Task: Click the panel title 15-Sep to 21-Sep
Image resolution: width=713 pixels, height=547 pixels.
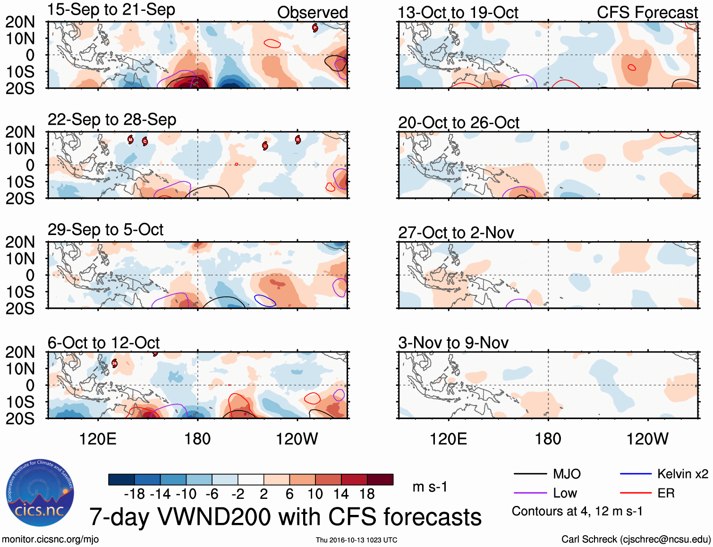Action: pos(111,9)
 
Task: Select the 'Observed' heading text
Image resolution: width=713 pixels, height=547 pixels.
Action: pos(312,13)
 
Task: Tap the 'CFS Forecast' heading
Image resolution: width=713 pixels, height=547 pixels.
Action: pos(647,13)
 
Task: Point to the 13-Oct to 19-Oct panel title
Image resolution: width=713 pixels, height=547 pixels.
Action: pos(458,13)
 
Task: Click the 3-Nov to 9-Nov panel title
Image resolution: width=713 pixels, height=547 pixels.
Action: pos(453,343)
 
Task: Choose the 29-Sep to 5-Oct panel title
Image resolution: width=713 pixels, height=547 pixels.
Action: pos(105,230)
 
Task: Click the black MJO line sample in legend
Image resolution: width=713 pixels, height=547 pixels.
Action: pos(530,474)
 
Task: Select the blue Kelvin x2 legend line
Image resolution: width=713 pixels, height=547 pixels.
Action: pos(636,474)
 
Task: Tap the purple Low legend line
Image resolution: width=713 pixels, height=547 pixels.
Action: pos(530,493)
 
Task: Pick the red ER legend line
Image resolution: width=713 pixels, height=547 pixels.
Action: pos(636,493)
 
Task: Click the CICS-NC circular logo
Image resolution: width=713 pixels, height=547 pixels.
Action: pos(40,493)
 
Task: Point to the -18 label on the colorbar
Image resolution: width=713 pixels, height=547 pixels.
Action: pos(134,494)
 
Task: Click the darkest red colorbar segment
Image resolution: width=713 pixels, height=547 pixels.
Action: pos(380,480)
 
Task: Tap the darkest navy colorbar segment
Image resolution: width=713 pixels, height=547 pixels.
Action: pos(121,480)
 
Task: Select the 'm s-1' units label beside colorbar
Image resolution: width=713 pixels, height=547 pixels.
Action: pos(430,487)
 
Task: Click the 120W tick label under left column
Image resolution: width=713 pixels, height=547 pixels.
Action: pos(297,439)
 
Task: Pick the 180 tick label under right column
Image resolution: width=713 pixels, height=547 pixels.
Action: pos(548,439)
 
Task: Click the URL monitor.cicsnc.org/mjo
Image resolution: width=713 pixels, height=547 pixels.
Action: pos(50,539)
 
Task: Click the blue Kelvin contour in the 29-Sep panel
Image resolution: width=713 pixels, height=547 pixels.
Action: pos(265,300)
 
